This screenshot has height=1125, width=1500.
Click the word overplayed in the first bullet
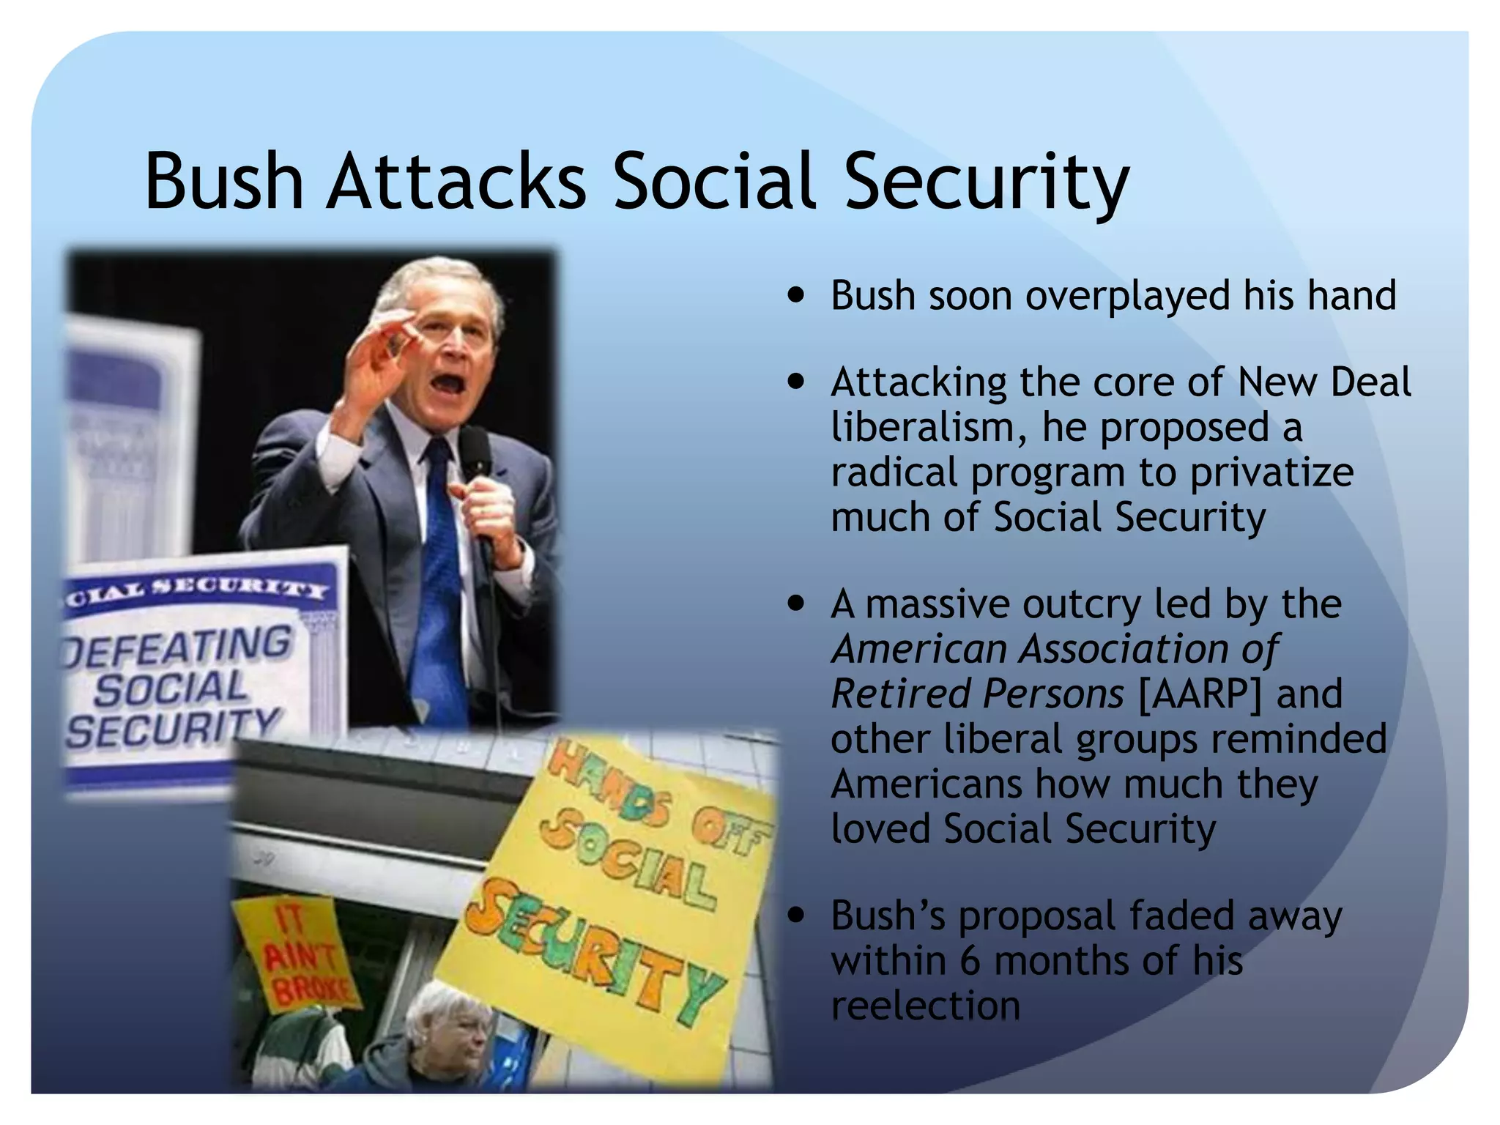point(1127,297)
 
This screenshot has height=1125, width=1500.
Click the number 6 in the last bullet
point(970,960)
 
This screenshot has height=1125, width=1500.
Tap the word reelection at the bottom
point(925,1006)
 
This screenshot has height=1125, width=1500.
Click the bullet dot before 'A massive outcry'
point(795,604)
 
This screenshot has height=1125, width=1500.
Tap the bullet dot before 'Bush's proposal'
point(795,916)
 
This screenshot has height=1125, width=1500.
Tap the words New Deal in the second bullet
point(1323,382)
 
